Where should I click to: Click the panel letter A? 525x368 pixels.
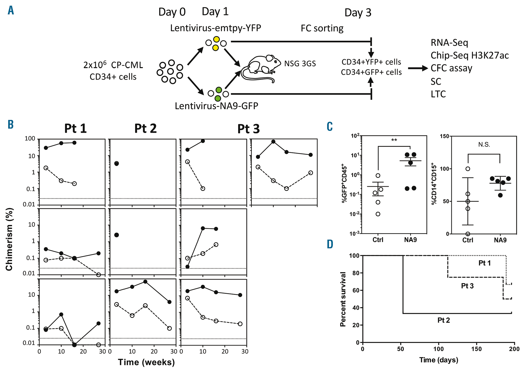[x=11, y=11]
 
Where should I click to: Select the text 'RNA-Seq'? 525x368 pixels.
[x=449, y=43]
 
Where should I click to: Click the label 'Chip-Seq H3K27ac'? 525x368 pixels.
[x=469, y=55]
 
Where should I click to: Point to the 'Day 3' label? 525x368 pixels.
[x=358, y=13]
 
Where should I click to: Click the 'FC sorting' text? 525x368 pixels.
[x=322, y=28]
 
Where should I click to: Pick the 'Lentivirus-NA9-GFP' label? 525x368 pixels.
[x=216, y=106]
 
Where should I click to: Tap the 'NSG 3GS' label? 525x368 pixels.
[x=300, y=64]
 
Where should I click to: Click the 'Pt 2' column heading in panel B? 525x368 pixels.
[x=145, y=129]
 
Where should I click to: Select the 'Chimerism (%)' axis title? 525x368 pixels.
[x=9, y=239]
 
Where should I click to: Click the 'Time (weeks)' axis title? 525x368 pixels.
[x=146, y=362]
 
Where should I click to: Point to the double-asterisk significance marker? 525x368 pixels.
[x=394, y=140]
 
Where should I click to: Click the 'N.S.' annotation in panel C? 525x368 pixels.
[x=484, y=144]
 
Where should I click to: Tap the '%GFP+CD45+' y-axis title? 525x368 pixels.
[x=344, y=183]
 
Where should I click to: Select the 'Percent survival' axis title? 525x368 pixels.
[x=343, y=299]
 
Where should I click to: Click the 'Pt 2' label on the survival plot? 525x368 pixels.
[x=443, y=320]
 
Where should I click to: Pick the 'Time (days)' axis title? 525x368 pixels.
[x=439, y=360]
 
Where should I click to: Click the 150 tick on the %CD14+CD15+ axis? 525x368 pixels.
[x=444, y=136]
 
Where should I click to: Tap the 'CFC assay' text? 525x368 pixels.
[x=451, y=68]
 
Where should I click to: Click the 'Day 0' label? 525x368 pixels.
[x=172, y=12]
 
